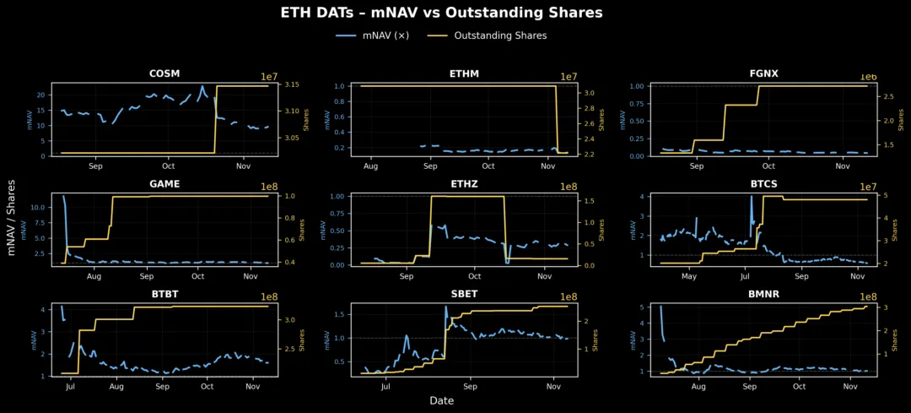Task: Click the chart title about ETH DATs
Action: coord(441,13)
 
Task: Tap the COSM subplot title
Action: coord(164,73)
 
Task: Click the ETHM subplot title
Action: coord(464,73)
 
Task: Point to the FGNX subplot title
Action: coord(763,73)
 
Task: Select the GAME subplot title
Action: coord(164,183)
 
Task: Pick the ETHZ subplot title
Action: coord(464,183)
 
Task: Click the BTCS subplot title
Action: coord(763,183)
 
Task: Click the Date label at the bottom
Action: coord(441,400)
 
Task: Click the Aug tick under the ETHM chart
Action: coord(372,166)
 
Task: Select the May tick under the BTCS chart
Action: coord(689,276)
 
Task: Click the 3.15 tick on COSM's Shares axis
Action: coord(291,85)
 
